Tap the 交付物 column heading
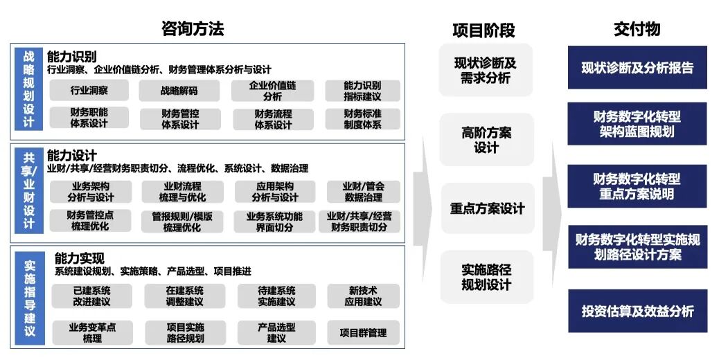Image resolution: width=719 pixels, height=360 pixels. [637, 28]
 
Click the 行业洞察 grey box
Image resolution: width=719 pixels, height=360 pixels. [89, 90]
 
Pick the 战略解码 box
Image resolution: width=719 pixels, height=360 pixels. [179, 90]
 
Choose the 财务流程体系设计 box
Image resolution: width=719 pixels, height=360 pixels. [273, 119]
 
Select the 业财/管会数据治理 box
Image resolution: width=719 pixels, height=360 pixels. [363, 192]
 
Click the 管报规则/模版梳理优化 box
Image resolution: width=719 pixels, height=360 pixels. [182, 222]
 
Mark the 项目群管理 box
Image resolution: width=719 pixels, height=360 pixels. [363, 332]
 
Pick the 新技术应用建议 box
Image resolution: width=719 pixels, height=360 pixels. [363, 296]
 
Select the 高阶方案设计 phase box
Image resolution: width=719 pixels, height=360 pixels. [486, 140]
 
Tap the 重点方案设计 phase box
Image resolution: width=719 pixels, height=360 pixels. [487, 208]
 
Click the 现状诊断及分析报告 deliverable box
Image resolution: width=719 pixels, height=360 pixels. [637, 68]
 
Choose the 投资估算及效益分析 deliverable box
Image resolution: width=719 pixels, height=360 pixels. [637, 312]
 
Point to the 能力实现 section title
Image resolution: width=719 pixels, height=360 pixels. [80, 258]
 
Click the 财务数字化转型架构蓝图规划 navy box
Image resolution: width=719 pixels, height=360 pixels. [637, 124]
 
